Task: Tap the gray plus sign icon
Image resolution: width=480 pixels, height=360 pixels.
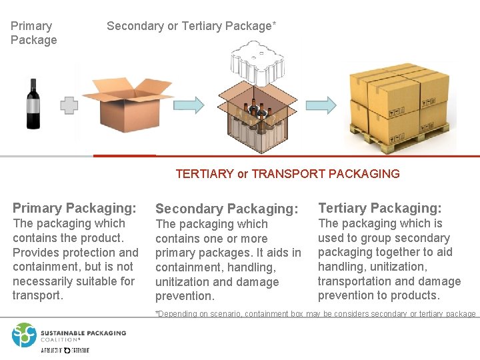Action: pos(69,105)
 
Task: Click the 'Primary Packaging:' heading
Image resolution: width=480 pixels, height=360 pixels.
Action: pos(75,208)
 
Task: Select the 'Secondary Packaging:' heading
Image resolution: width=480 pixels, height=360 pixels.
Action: pos(226,209)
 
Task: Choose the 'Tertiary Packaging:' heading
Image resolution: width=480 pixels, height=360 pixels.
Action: pos(380,208)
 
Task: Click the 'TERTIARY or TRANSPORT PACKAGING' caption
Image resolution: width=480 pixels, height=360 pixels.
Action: pos(287,174)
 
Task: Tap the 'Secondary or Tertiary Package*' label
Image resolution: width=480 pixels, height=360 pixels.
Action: pos(191,26)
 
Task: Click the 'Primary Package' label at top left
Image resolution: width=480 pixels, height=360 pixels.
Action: pos(33,33)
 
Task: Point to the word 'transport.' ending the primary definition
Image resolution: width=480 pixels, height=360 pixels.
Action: pos(38,295)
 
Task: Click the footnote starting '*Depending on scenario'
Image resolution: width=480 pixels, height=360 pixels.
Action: pos(315,314)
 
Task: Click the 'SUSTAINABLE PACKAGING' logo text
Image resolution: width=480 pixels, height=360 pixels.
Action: pos(83,333)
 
